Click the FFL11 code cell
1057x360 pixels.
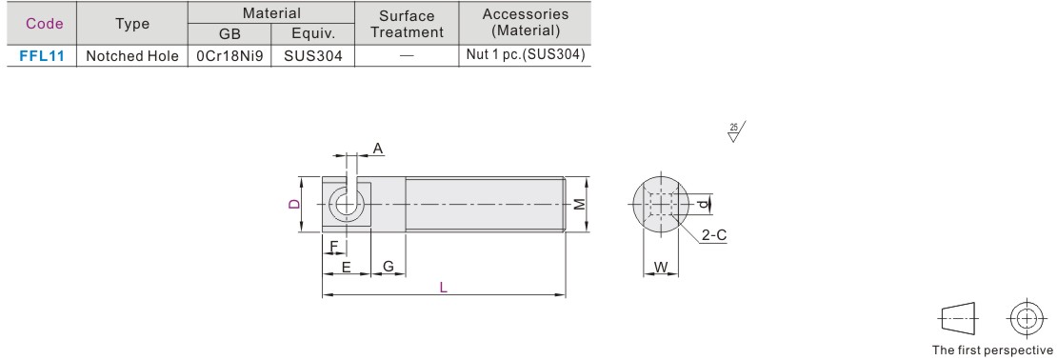point(42,56)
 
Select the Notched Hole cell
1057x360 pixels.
point(132,56)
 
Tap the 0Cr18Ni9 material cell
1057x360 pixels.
point(229,56)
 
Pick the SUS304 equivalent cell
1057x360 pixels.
point(312,56)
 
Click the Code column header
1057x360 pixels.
point(45,24)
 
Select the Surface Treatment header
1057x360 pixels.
point(407,24)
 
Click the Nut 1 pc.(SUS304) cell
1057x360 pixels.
point(525,55)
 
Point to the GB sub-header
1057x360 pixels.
point(229,34)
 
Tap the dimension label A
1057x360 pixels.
point(377,149)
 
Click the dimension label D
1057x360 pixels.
point(294,204)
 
